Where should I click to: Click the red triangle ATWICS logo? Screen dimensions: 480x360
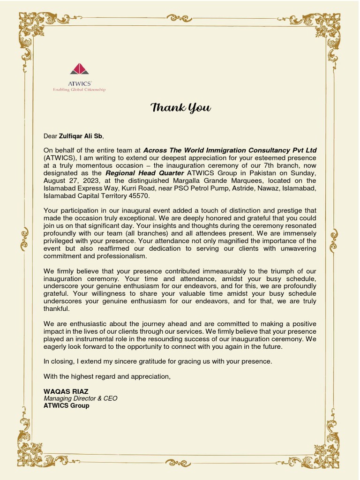(x=79, y=69)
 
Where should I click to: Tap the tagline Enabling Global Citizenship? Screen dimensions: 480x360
(x=79, y=89)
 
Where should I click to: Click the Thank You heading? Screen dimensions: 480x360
(x=180, y=108)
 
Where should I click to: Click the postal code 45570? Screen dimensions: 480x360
(x=139, y=195)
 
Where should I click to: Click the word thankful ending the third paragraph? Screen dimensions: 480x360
(x=56, y=309)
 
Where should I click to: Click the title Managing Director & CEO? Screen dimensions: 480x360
(x=80, y=398)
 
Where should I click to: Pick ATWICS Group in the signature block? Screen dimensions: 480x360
(x=66, y=406)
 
